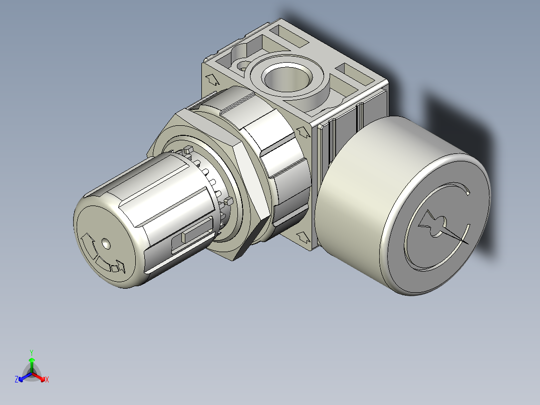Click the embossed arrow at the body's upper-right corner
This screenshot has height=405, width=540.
303,131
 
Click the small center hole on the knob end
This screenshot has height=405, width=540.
105,244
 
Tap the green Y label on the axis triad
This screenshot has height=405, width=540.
31,352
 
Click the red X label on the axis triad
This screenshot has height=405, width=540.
47,379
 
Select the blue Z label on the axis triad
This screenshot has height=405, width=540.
16,379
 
